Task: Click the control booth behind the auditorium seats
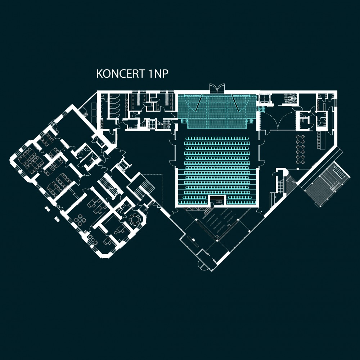click(217, 200)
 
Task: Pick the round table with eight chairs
click(134, 219)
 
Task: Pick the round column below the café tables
click(298, 168)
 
